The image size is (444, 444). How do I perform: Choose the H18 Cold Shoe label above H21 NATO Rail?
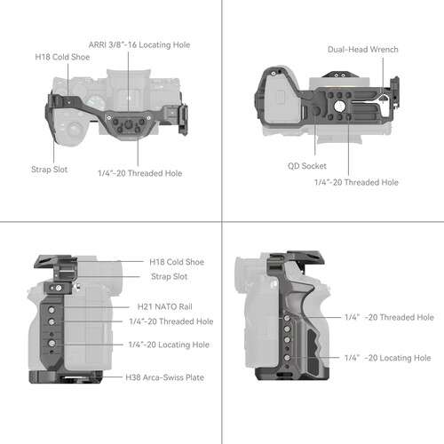pyautogui.click(x=176, y=262)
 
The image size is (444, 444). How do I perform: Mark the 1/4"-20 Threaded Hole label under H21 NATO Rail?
pyautogui.click(x=170, y=321)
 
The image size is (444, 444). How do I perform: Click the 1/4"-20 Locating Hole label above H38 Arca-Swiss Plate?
pyautogui.click(x=170, y=344)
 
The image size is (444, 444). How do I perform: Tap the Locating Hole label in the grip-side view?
pyautogui.click(x=388, y=357)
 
